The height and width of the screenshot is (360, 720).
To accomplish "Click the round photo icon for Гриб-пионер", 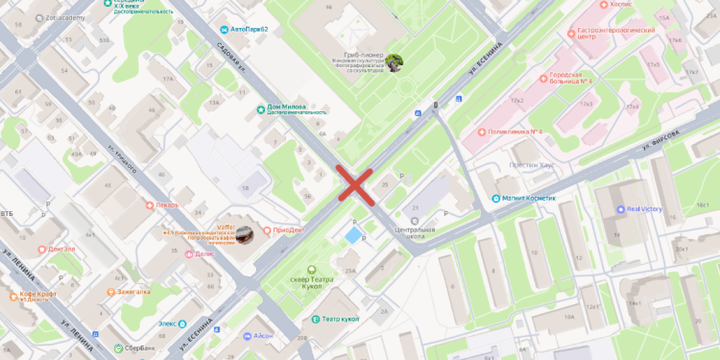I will pyautogui.click(x=394, y=63).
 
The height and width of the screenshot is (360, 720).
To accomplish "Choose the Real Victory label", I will pyautogui.click(x=645, y=208).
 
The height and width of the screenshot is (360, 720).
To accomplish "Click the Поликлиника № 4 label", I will pyautogui.click(x=516, y=132).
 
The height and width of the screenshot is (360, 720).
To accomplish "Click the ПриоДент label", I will pyautogui.click(x=289, y=228).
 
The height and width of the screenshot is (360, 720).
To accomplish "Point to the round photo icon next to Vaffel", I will pyautogui.click(x=245, y=233).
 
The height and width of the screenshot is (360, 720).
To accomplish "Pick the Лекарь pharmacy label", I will pyautogui.click(x=167, y=204).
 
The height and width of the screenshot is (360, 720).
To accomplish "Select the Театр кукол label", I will pyautogui.click(x=342, y=319).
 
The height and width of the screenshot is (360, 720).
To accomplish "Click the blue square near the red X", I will pyautogui.click(x=354, y=235).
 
